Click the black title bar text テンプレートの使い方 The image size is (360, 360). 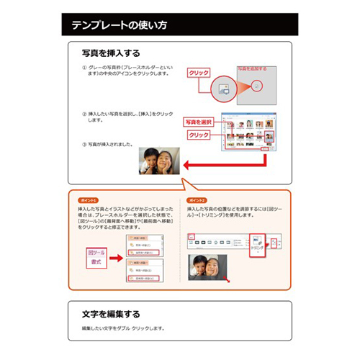pos(119,26)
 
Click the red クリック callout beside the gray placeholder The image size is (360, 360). pos(198,73)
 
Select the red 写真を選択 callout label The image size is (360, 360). pos(199,122)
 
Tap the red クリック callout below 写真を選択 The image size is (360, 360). pos(199,135)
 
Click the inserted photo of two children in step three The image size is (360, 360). pos(159,161)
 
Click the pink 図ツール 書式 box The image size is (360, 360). pos(97,258)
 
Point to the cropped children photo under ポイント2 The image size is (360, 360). pos(207,268)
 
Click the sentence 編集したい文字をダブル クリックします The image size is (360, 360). pos(124,328)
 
